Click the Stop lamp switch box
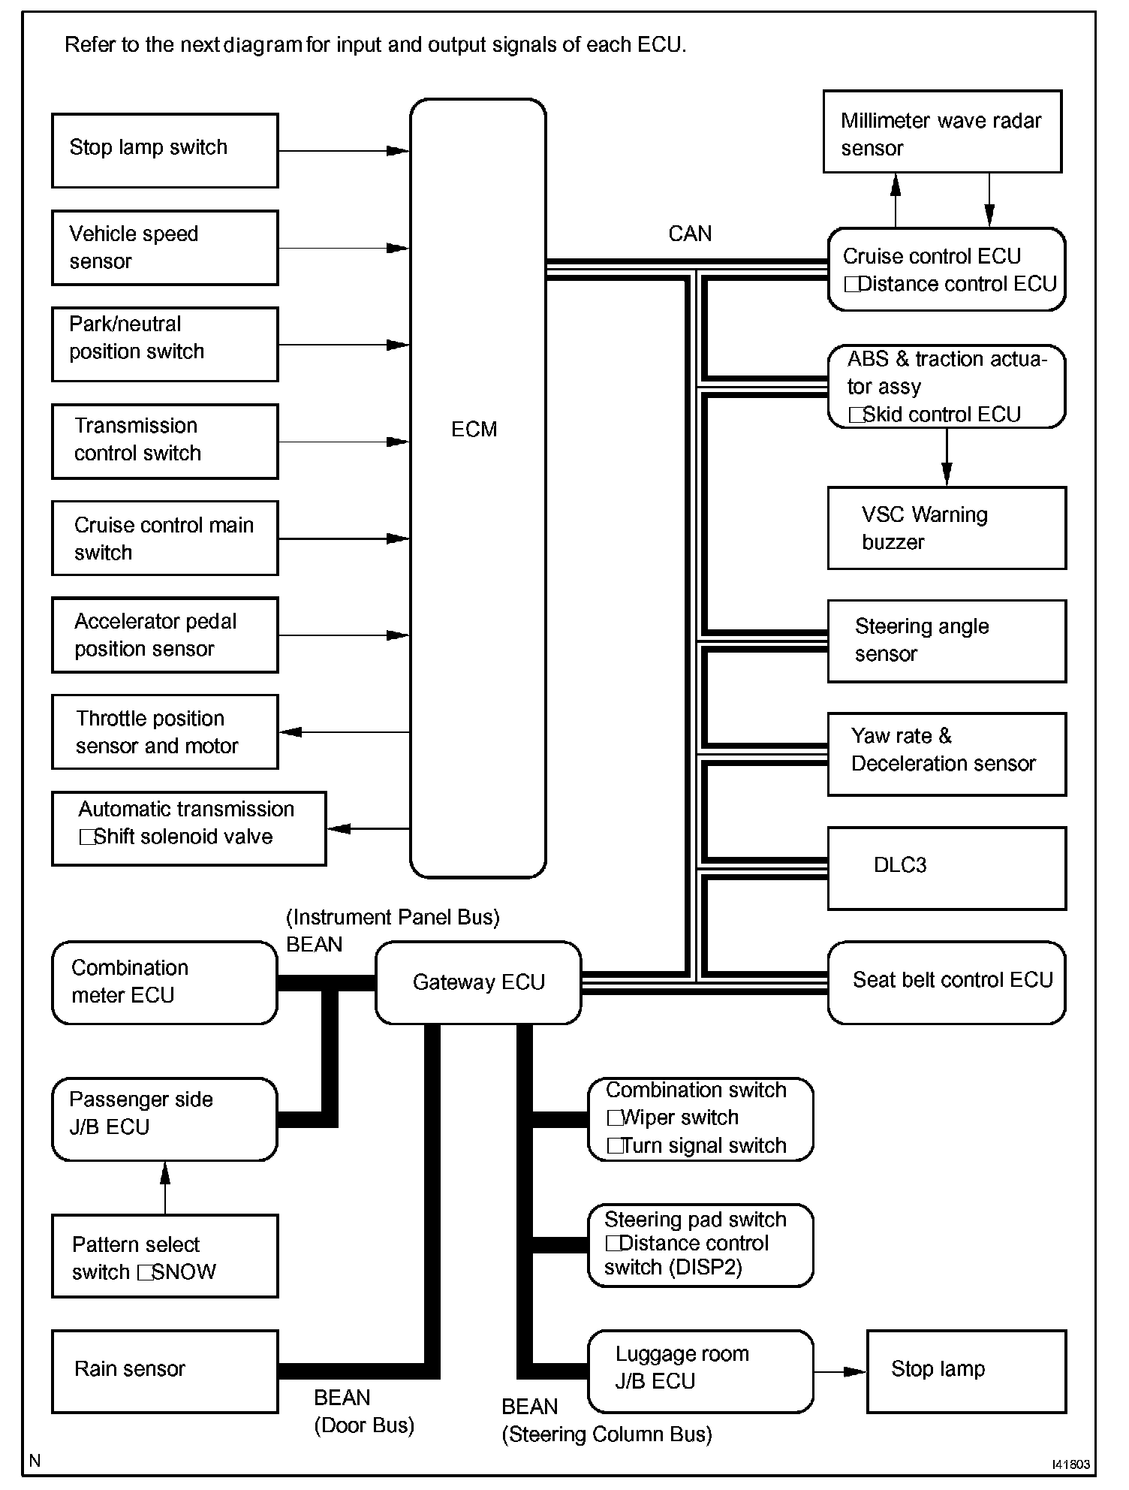[164, 150]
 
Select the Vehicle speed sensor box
[164, 247]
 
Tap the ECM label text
[474, 429]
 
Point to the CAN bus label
[689, 234]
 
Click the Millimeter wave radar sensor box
[941, 132]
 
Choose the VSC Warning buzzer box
[946, 528]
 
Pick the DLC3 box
[946, 868]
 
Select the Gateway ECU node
[478, 982]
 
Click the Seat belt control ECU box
[946, 982]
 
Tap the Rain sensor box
[164, 1371]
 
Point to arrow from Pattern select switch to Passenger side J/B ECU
[165, 1187]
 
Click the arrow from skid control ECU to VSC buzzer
[947, 457]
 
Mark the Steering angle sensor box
[946, 641]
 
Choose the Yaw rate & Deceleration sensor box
[946, 753]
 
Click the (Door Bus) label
[364, 1425]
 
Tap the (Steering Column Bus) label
[607, 1434]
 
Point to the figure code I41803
[1070, 1464]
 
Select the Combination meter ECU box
[164, 982]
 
